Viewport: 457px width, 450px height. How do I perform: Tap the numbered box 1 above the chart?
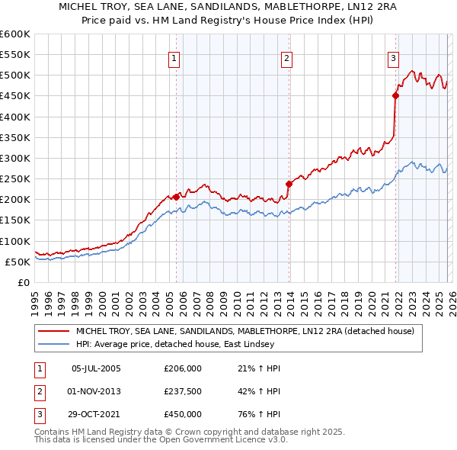pyautogui.click(x=174, y=58)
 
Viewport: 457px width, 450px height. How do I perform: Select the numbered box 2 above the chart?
pyautogui.click(x=287, y=58)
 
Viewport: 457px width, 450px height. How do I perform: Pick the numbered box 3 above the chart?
pyautogui.click(x=393, y=58)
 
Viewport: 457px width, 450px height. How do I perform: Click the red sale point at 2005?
pyautogui.click(x=176, y=197)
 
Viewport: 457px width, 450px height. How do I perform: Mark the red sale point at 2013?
pyautogui.click(x=289, y=184)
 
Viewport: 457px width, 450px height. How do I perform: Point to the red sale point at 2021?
pyautogui.click(x=395, y=95)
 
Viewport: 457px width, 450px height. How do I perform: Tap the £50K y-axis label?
pyautogui.click(x=18, y=262)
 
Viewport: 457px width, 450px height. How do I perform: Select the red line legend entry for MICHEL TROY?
pyautogui.click(x=244, y=332)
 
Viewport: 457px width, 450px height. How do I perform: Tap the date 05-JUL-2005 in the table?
pyautogui.click(x=96, y=368)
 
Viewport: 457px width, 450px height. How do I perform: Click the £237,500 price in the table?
pyautogui.click(x=183, y=391)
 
